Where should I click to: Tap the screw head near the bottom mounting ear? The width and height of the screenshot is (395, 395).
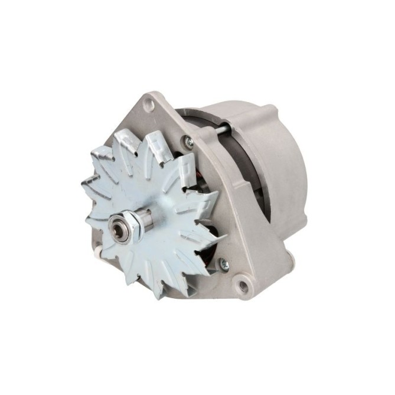[224, 264]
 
